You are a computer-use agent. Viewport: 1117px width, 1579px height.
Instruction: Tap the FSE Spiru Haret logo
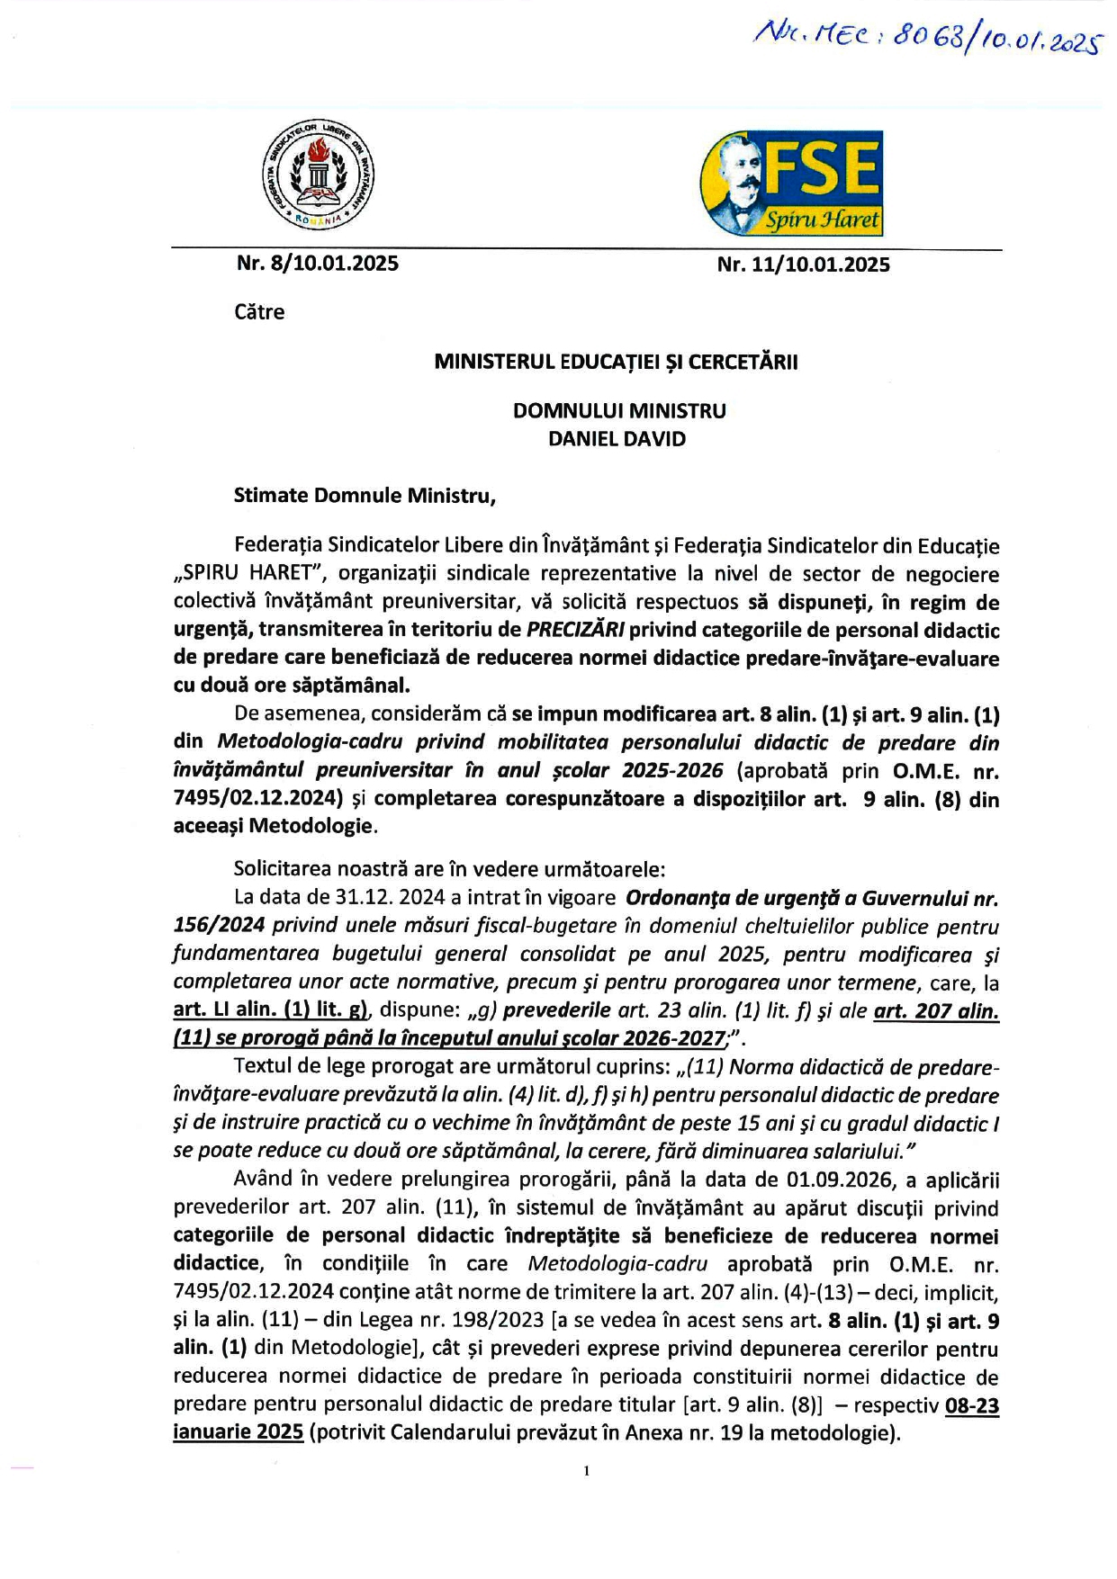[x=791, y=183]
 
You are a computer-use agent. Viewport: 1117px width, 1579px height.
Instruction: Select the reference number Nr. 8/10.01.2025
[x=318, y=264]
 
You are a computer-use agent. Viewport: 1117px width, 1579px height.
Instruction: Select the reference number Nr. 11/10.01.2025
[x=803, y=265]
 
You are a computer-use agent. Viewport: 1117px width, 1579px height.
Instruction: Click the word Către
[x=259, y=312]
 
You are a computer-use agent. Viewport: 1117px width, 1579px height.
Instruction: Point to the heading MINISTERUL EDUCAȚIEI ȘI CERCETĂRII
[x=616, y=362]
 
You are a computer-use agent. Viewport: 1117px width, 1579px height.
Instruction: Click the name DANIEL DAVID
[x=617, y=439]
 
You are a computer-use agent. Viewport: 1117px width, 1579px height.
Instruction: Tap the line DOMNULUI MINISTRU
[x=619, y=411]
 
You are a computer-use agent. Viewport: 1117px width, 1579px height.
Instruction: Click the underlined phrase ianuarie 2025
[x=238, y=1432]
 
